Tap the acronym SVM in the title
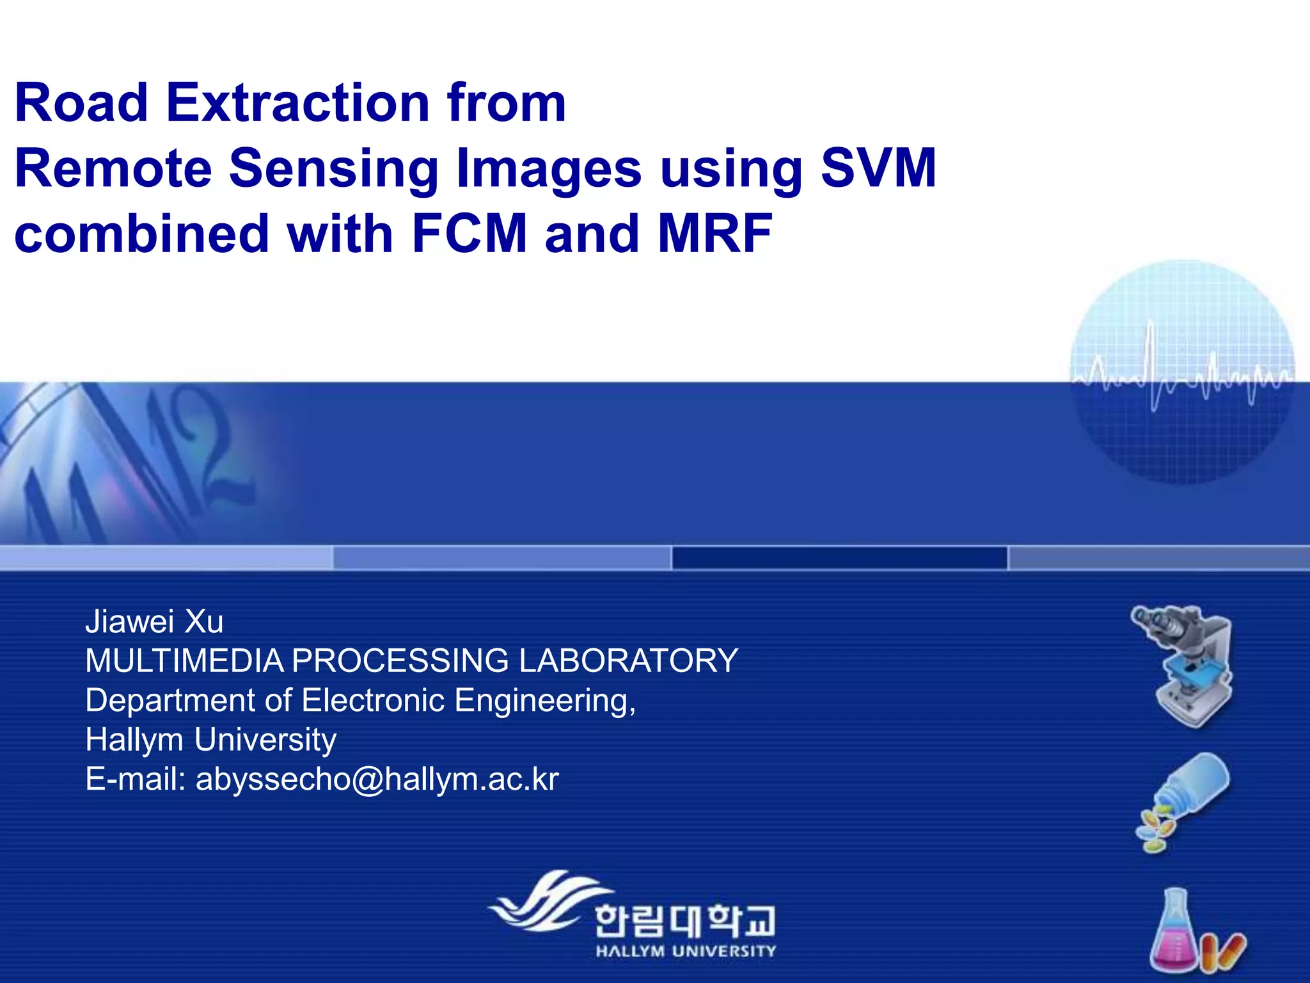click(878, 168)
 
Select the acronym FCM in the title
click(469, 234)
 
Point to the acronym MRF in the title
click(714, 234)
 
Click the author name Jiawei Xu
click(154, 621)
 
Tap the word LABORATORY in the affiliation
click(628, 660)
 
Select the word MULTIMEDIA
click(184, 660)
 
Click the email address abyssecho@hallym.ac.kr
click(377, 779)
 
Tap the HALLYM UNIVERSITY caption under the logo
click(685, 951)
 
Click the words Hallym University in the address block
click(210, 740)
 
